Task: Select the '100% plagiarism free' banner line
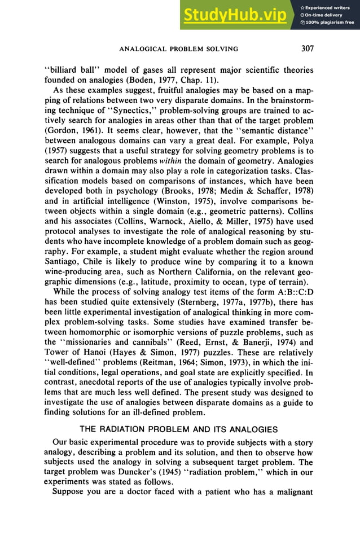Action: (330, 23)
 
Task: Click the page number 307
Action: (307, 49)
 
